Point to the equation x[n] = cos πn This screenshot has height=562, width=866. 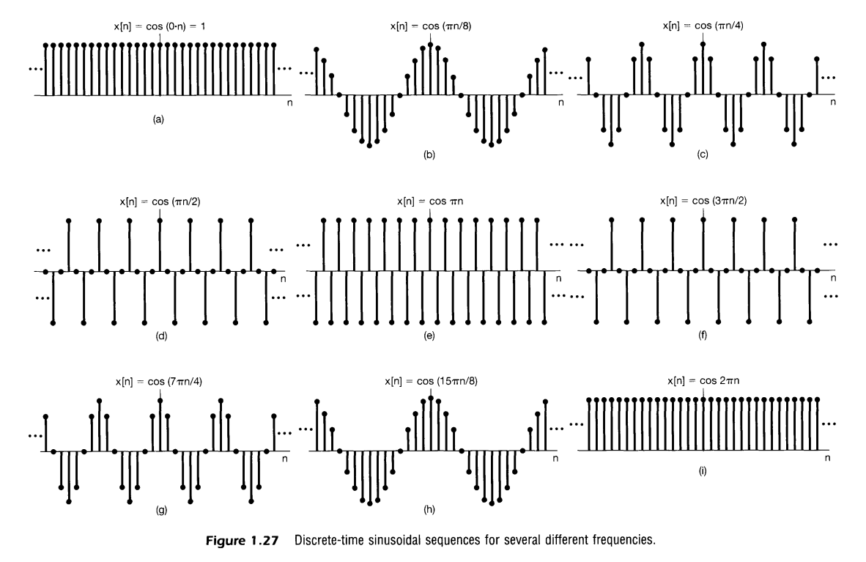[x=430, y=200]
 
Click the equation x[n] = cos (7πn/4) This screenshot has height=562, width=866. [x=160, y=381]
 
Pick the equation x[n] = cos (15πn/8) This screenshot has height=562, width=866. [x=430, y=381]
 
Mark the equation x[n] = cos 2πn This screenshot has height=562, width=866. [x=703, y=381]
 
